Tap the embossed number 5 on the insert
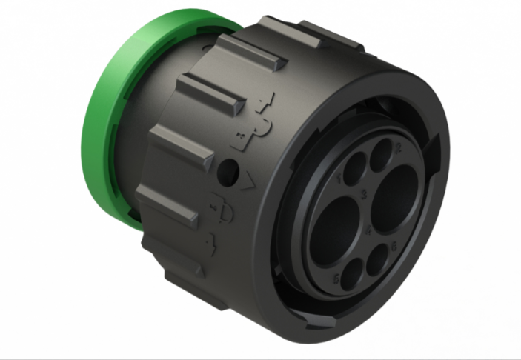[x=337, y=279]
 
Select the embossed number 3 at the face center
[x=363, y=194]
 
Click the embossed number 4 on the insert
[x=368, y=230]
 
